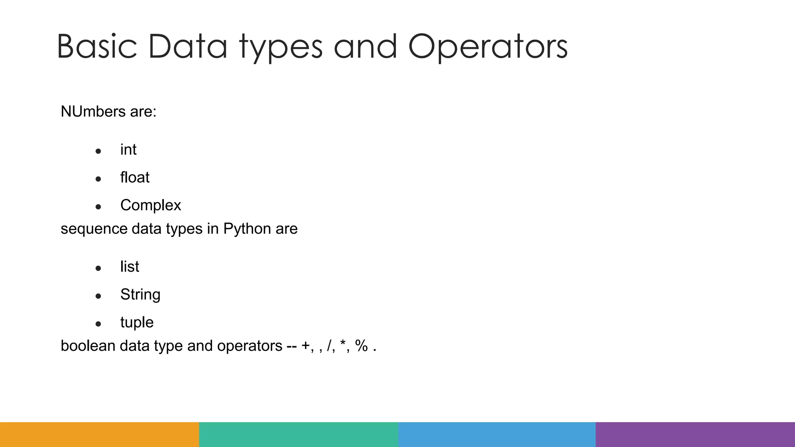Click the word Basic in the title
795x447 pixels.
point(97,47)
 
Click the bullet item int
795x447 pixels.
point(128,150)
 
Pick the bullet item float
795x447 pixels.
point(135,178)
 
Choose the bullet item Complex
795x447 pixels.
point(151,205)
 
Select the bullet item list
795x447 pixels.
point(130,267)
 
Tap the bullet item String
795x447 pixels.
point(140,295)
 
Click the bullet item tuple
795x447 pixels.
point(137,322)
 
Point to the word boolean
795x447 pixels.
point(88,346)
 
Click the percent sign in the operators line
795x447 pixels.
point(361,346)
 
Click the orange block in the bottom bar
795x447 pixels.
point(99,435)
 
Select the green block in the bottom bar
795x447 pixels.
point(299,435)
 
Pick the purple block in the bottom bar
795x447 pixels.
point(695,435)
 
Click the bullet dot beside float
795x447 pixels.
point(98,179)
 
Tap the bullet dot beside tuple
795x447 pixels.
point(98,324)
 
